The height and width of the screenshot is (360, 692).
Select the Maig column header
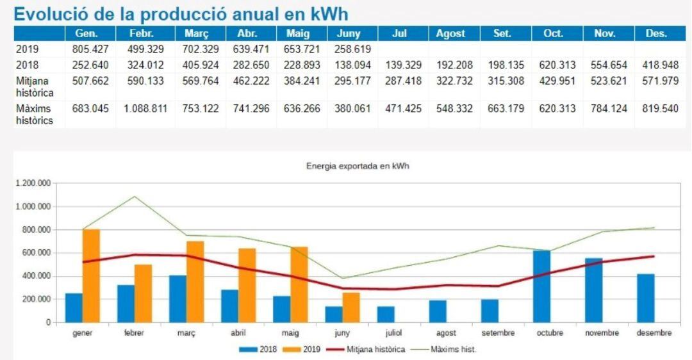[x=297, y=34]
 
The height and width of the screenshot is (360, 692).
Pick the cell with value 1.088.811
[x=145, y=109]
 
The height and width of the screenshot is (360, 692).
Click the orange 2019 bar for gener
[x=91, y=275]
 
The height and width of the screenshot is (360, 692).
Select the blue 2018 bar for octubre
[x=541, y=286]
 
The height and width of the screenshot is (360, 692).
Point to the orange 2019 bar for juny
[x=351, y=307]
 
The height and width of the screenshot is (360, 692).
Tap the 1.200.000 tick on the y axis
[x=32, y=183]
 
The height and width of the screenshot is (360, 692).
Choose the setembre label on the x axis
[x=498, y=333]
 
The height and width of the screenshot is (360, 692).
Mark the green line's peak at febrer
[x=134, y=196]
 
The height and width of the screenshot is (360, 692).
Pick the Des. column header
[x=656, y=34]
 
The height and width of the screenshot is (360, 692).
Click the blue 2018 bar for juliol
[x=386, y=314]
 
